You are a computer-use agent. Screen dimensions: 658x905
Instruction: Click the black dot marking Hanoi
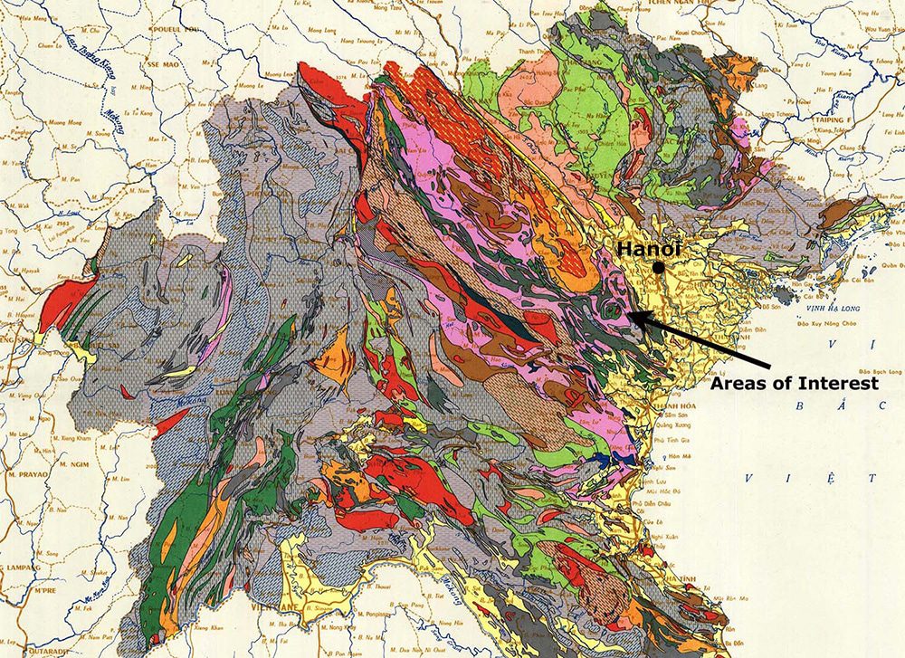[662, 267]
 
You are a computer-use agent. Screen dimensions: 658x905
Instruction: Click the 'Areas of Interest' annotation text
[794, 383]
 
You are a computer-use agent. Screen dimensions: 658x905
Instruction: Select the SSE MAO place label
[162, 66]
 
